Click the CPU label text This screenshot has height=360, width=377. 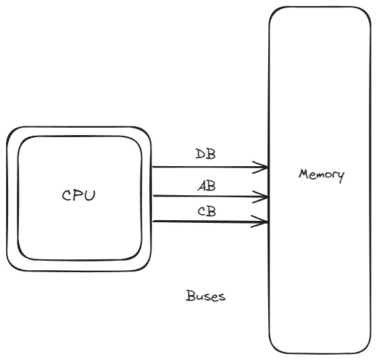point(78,195)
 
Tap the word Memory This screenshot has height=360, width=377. point(322,175)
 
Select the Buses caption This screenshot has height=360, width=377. point(206,296)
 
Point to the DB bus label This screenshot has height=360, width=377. point(205,154)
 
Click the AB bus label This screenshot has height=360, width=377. point(207,186)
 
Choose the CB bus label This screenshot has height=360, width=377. point(207,211)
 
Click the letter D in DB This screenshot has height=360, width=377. point(200,154)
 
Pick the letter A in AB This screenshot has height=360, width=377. point(202,186)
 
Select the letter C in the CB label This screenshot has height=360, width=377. point(201,211)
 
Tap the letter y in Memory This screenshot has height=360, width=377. point(341,178)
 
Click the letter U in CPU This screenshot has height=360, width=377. point(90,195)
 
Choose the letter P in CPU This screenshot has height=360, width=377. point(79,195)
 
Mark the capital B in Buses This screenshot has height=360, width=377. point(191,295)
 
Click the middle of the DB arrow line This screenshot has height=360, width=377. point(210,167)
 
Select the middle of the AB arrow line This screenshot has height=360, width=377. point(210,197)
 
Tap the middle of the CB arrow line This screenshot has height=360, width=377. point(210,222)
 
